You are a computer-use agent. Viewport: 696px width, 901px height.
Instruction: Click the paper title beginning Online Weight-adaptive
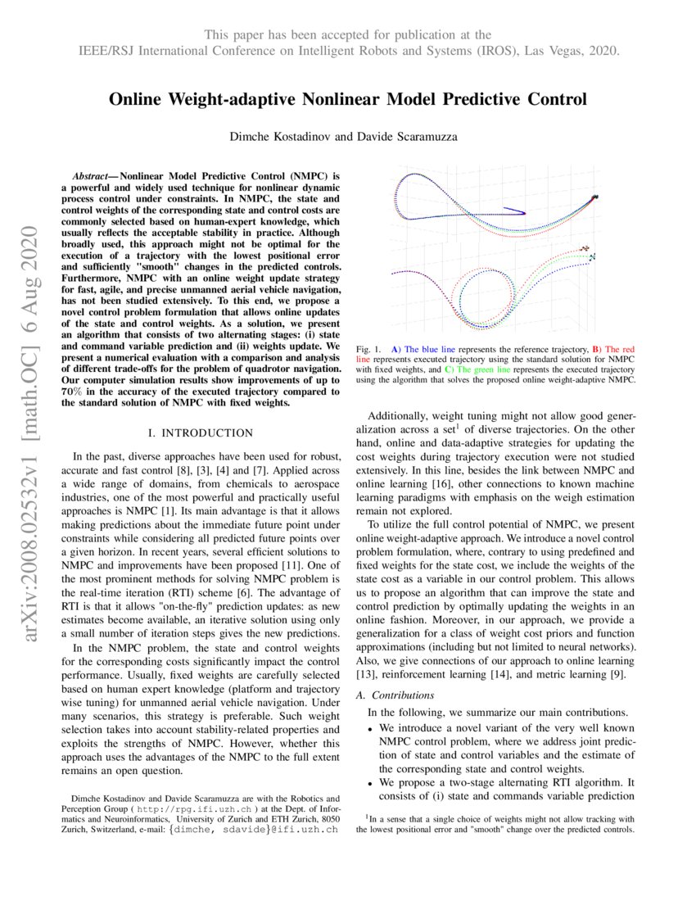[x=348, y=100]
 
